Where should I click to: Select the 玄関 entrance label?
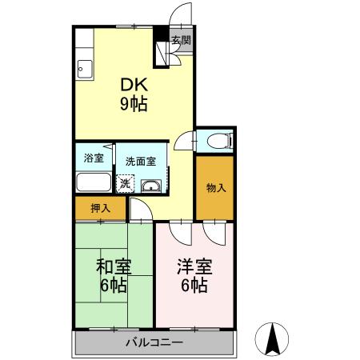click(x=181, y=39)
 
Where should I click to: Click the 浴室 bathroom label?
click(x=94, y=158)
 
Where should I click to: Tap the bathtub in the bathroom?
click(x=94, y=182)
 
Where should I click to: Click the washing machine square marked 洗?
click(x=125, y=184)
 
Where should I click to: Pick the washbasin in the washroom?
click(x=150, y=186)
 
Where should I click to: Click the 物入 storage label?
click(x=216, y=189)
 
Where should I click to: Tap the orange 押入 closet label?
click(x=99, y=208)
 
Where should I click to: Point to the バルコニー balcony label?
click(x=154, y=343)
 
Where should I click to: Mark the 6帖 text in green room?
click(x=114, y=286)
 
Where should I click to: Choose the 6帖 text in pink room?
click(x=194, y=286)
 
